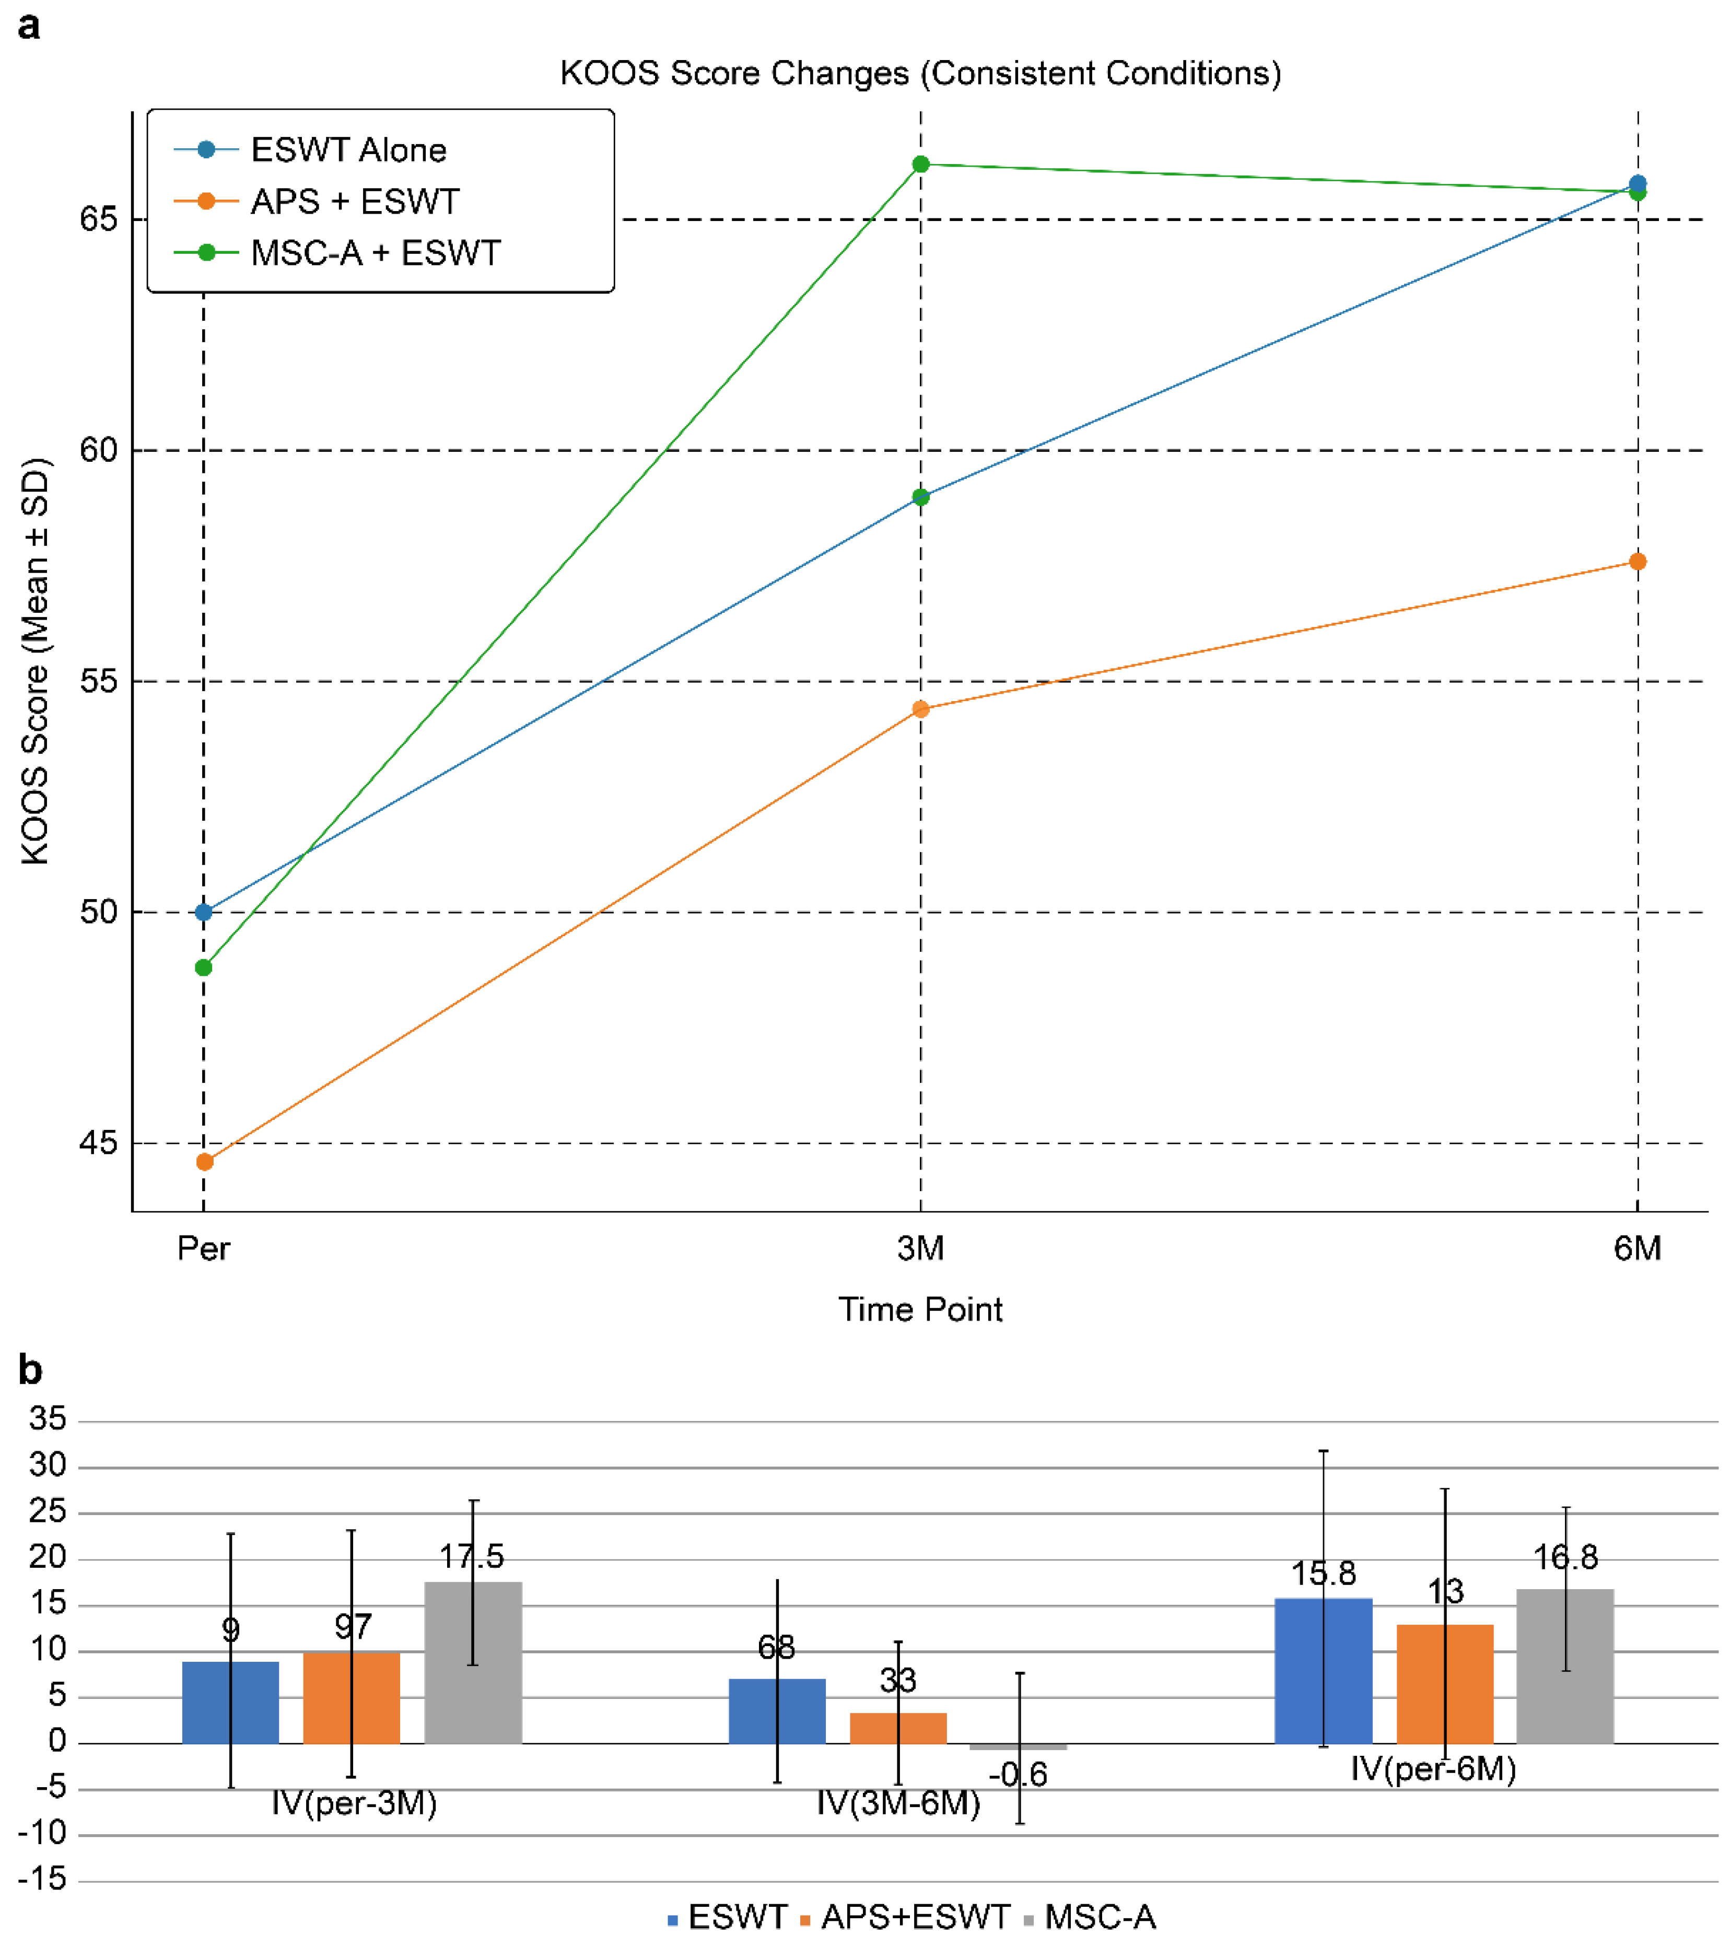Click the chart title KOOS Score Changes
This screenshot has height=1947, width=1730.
coord(920,73)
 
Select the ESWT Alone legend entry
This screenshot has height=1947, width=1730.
coord(348,149)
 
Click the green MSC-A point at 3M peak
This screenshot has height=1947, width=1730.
coord(920,165)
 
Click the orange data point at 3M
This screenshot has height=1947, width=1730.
coord(920,709)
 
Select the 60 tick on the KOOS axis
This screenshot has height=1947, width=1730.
coord(98,450)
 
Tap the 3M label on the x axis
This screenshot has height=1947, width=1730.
coord(920,1249)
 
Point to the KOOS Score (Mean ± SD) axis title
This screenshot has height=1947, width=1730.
coord(35,662)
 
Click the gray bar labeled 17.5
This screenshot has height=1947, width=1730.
coord(473,1662)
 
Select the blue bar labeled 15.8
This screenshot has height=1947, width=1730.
coord(1323,1671)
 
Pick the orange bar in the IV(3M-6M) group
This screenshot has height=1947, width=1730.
coord(898,1728)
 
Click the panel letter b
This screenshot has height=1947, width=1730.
coord(30,1371)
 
